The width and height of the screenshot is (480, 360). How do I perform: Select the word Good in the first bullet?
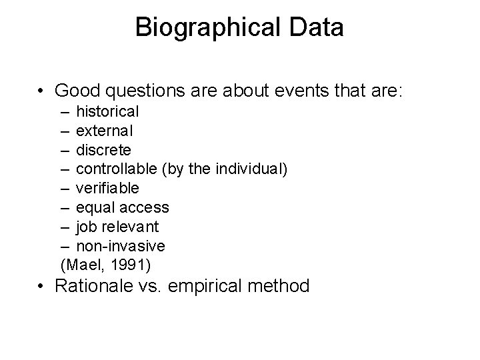tap(79, 90)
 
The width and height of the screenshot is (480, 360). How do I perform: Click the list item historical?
tap(107, 111)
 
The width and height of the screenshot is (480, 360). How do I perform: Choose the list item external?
tap(105, 131)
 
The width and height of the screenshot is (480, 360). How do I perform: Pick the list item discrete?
tap(103, 149)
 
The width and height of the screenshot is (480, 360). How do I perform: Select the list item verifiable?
tap(107, 188)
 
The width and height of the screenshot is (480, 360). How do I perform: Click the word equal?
tap(94, 208)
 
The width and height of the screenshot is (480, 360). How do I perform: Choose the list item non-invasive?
tap(121, 246)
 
